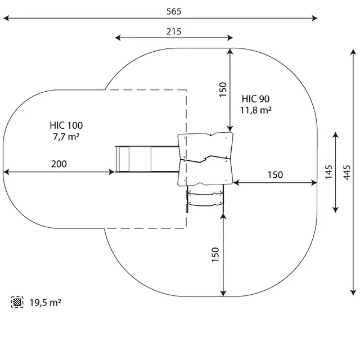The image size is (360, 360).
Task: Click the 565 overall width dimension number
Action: [x=174, y=11]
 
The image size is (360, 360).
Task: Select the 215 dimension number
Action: [x=174, y=31]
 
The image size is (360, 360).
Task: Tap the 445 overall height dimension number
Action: [x=346, y=172]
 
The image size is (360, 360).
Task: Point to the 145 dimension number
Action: [x=328, y=172]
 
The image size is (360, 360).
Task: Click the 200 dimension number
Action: [x=59, y=164]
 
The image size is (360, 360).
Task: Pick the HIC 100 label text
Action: [x=66, y=125]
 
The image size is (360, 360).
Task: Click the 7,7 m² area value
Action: [x=66, y=137]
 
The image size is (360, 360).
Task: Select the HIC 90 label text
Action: [x=255, y=99]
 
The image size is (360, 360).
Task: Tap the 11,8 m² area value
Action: [x=255, y=110]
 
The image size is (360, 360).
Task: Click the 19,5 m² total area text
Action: [x=45, y=303]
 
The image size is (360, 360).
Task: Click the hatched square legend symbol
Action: [x=17, y=302]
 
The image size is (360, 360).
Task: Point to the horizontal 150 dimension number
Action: [x=275, y=175]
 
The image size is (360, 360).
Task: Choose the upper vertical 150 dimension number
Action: [x=223, y=89]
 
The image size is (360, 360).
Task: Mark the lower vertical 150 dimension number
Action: [x=215, y=255]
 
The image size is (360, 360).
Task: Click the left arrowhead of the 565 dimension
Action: [x=6, y=18]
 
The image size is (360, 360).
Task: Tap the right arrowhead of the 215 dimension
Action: [x=230, y=38]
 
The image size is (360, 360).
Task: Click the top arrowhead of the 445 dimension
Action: [x=353, y=52]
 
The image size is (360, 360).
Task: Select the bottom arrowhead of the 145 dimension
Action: [x=335, y=210]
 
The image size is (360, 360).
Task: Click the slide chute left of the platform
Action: [x=147, y=159]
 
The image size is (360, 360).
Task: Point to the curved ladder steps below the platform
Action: [x=205, y=198]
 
